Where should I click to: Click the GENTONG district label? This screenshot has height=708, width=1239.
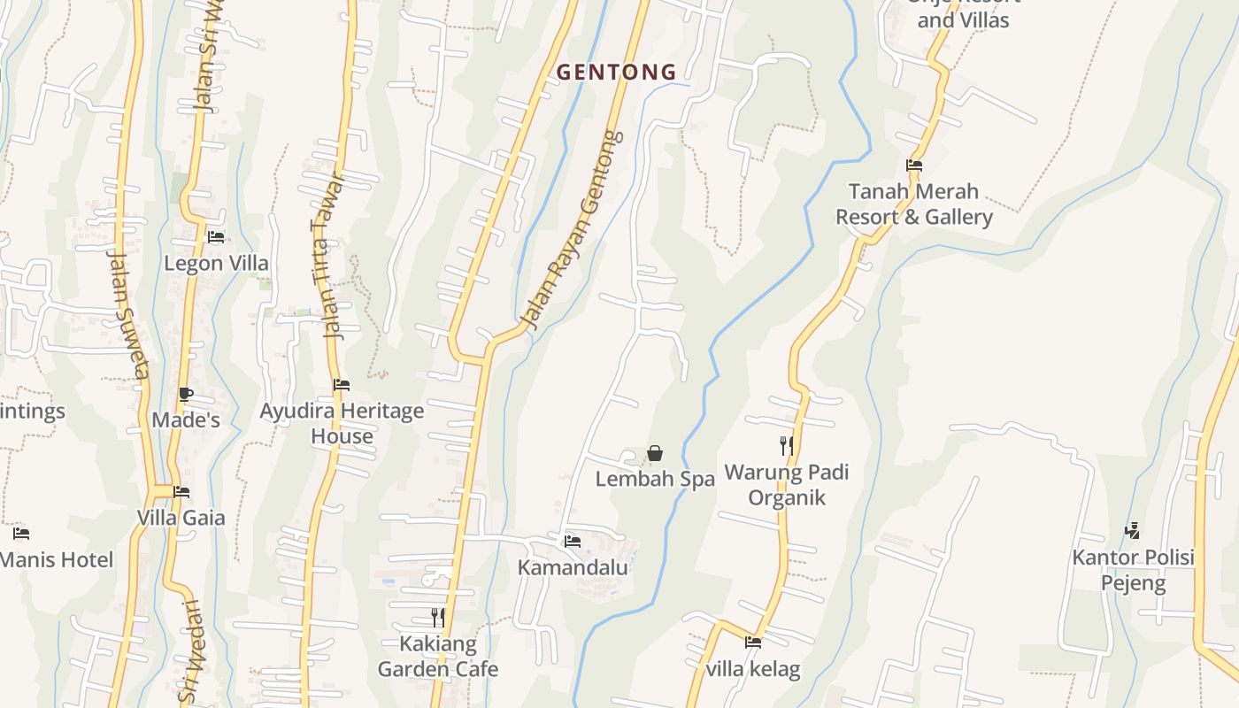pyautogui.click(x=616, y=73)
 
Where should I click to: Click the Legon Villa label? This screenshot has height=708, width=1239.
pyautogui.click(x=216, y=264)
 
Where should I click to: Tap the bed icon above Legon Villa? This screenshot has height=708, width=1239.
pyautogui.click(x=216, y=237)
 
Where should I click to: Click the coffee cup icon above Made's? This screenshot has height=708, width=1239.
pyautogui.click(x=185, y=394)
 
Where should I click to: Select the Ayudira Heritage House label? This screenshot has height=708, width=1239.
pyautogui.click(x=342, y=424)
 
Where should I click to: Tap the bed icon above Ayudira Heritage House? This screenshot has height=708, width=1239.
pyautogui.click(x=342, y=385)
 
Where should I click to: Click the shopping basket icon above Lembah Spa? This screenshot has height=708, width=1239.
pyautogui.click(x=655, y=454)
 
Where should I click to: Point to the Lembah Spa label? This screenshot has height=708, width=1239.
pyautogui.click(x=655, y=480)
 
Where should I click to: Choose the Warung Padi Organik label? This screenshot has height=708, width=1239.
pyautogui.click(x=787, y=485)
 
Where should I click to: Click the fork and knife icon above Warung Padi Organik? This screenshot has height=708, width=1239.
pyautogui.click(x=786, y=445)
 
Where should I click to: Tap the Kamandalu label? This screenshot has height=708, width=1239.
pyautogui.click(x=573, y=567)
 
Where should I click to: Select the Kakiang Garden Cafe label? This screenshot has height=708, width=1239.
pyautogui.click(x=437, y=657)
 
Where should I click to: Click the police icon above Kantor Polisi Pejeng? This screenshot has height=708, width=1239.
pyautogui.click(x=1132, y=531)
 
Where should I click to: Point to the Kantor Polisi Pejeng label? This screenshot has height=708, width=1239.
pyautogui.click(x=1133, y=571)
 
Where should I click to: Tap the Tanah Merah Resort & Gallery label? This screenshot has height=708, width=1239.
pyautogui.click(x=914, y=204)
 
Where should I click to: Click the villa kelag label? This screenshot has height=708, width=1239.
pyautogui.click(x=753, y=669)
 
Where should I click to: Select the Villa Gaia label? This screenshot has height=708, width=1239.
pyautogui.click(x=181, y=518)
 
